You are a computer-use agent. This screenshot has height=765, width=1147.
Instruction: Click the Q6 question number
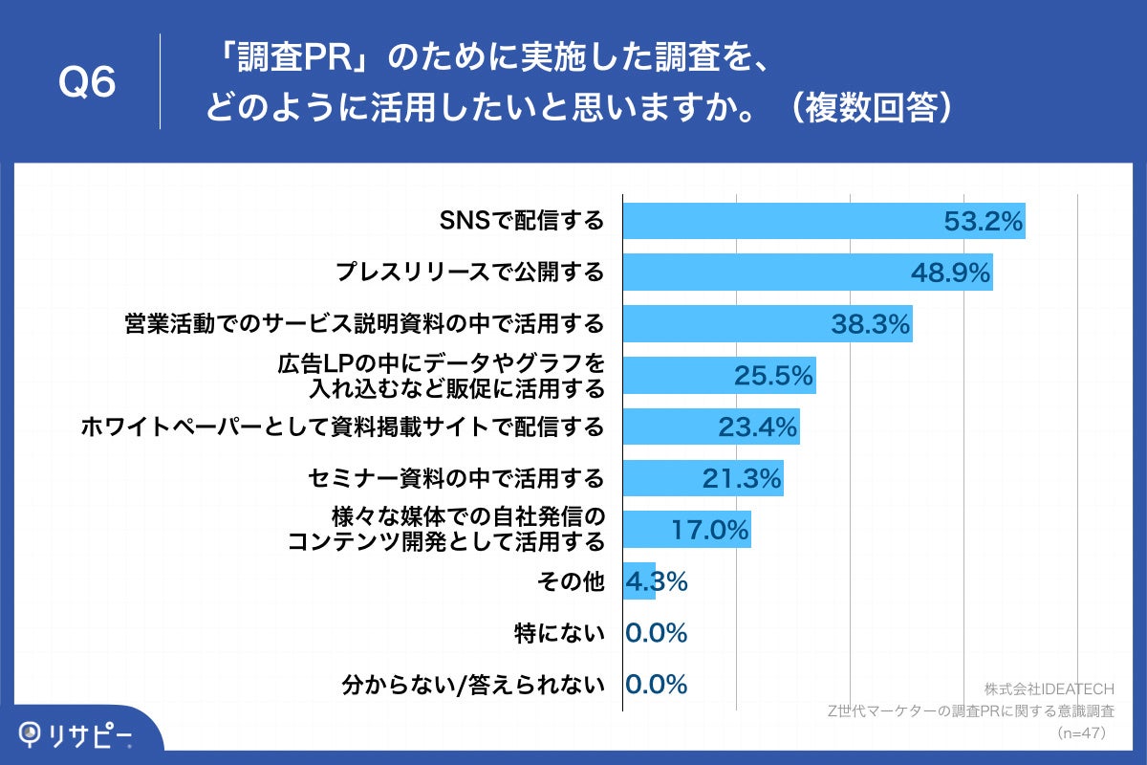pyautogui.click(x=87, y=83)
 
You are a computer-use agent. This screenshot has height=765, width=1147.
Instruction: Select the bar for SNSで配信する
pyautogui.click(x=784, y=221)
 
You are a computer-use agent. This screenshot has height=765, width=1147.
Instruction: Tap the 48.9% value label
pyautogui.click(x=948, y=273)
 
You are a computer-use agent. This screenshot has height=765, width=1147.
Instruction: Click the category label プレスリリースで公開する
pyautogui.click(x=470, y=273)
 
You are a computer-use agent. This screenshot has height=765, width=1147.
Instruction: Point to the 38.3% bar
pyautogui.click(x=726, y=324)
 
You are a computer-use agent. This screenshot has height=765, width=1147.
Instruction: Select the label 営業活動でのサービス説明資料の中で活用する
pyautogui.click(x=364, y=324)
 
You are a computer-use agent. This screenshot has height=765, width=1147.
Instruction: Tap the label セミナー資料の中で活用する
pyautogui.click(x=457, y=478)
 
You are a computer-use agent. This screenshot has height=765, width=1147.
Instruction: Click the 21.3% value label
pyautogui.click(x=742, y=478)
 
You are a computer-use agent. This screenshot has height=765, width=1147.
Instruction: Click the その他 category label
pyautogui.click(x=581, y=581)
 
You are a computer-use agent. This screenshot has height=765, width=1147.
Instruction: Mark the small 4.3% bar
pyautogui.click(x=638, y=581)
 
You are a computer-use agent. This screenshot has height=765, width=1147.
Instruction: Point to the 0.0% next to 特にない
pyautogui.click(x=657, y=633)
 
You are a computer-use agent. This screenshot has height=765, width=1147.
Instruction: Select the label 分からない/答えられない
pyautogui.click(x=473, y=685)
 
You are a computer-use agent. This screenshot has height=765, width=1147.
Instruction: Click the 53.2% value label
pyautogui.click(x=984, y=221)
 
